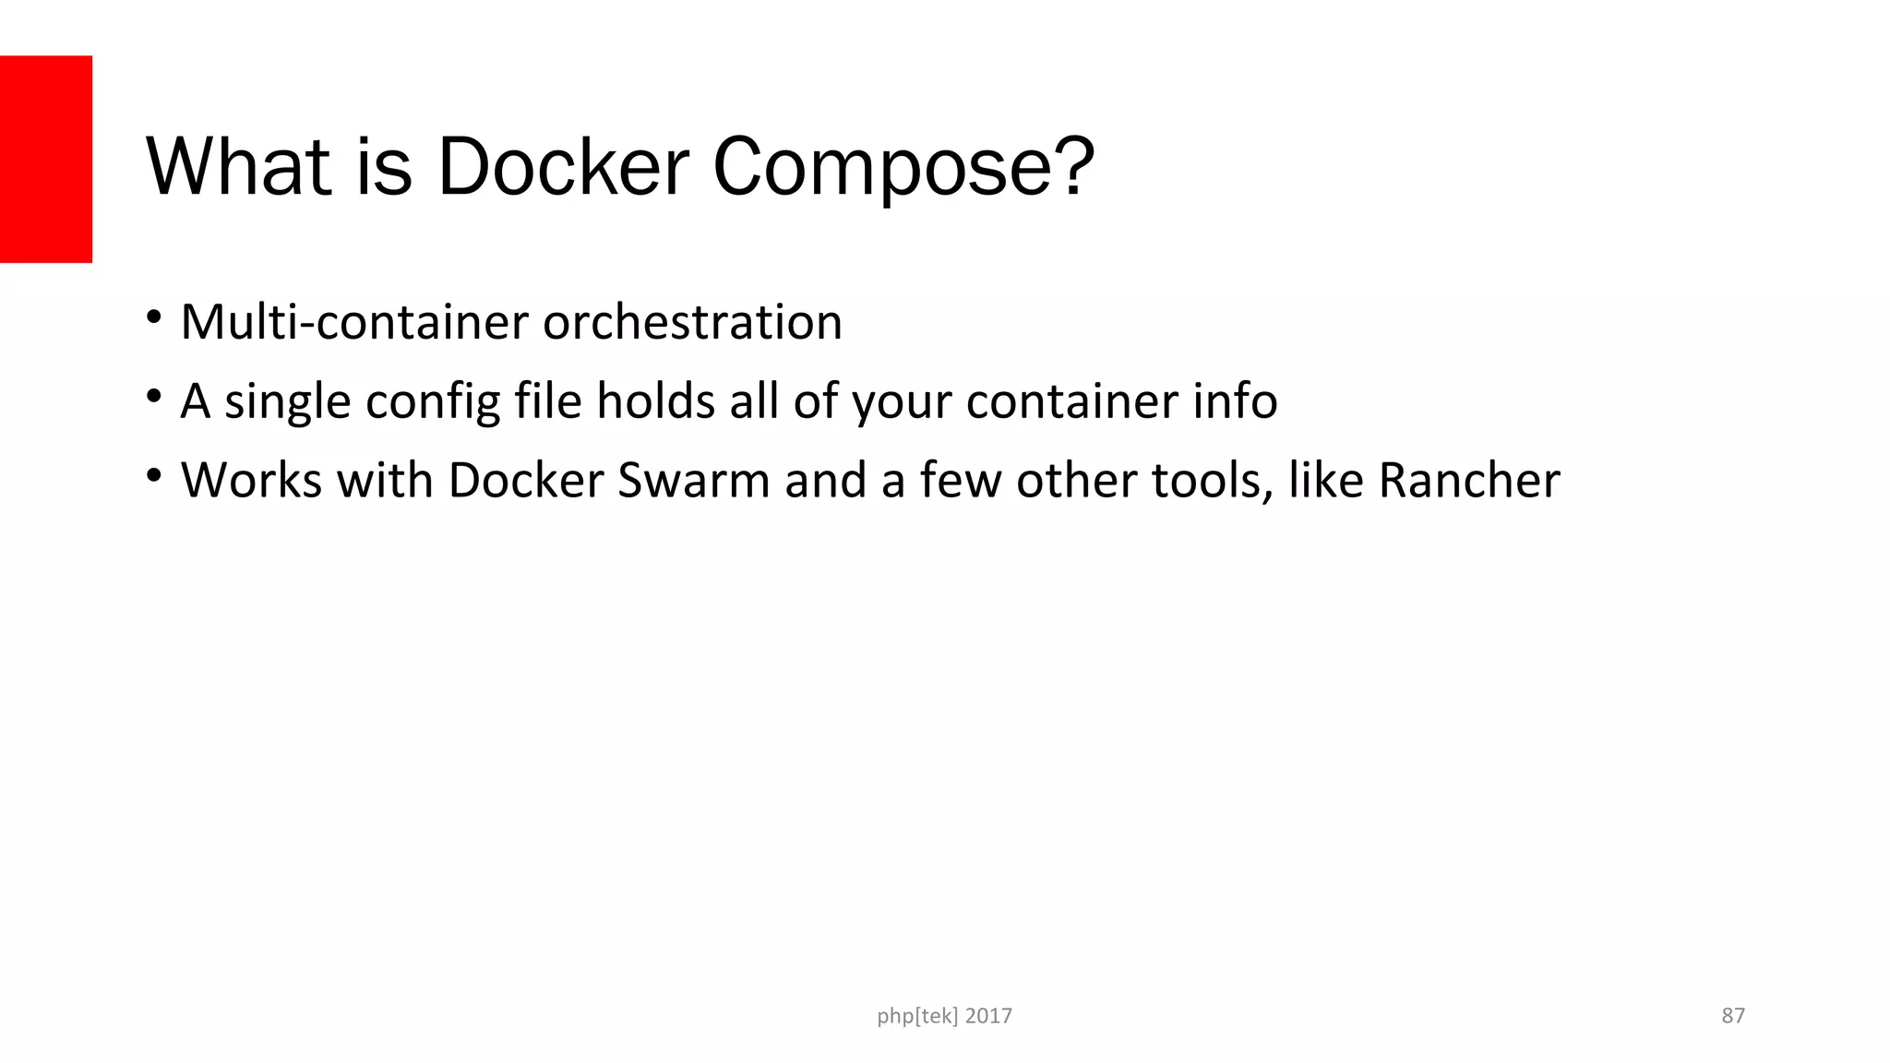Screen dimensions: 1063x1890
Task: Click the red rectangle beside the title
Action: [46, 159]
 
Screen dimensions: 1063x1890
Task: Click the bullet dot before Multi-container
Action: [153, 317]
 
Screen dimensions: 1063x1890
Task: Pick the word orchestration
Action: [692, 322]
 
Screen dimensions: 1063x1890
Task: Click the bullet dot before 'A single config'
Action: [153, 397]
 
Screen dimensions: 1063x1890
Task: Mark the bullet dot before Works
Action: [153, 476]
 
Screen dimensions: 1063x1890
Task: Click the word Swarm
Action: [693, 481]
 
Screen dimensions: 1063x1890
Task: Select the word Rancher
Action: [1468, 481]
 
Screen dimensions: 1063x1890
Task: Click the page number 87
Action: [1733, 1016]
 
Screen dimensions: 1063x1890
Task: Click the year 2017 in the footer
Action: [988, 1016]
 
